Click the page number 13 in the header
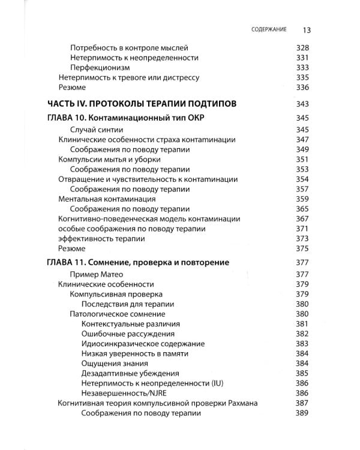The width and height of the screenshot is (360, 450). pos(305,29)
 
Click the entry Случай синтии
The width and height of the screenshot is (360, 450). pos(97,130)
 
